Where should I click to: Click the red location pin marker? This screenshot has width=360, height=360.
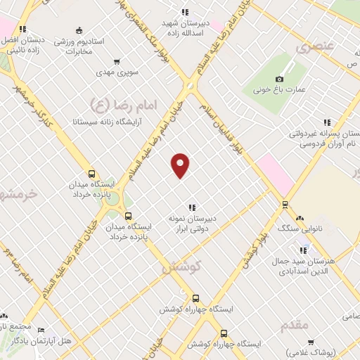coord(181,165)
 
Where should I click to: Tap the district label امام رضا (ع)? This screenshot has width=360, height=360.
coord(125,105)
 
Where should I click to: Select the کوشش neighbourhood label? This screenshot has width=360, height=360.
coord(181,266)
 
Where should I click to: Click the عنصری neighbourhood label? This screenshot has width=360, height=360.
coord(312,48)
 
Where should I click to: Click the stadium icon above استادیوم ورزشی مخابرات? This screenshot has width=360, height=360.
coord(78,30)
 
